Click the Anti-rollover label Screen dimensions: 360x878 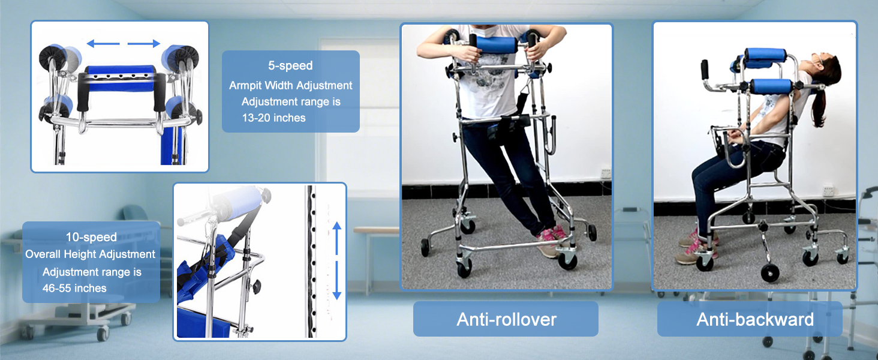(x=506, y=319)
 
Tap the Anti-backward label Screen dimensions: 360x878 (x=754, y=319)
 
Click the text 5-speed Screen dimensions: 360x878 (x=290, y=65)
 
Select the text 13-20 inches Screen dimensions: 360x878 (x=274, y=118)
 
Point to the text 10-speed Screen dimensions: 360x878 (x=91, y=237)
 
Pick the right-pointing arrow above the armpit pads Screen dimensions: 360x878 (x=146, y=43)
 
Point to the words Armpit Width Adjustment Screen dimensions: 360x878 (x=291, y=86)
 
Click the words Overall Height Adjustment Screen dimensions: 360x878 (x=91, y=254)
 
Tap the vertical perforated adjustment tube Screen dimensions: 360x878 (x=311, y=261)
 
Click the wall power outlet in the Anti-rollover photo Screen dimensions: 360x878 (x=606, y=174)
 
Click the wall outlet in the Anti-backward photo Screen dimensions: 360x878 (x=829, y=191)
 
